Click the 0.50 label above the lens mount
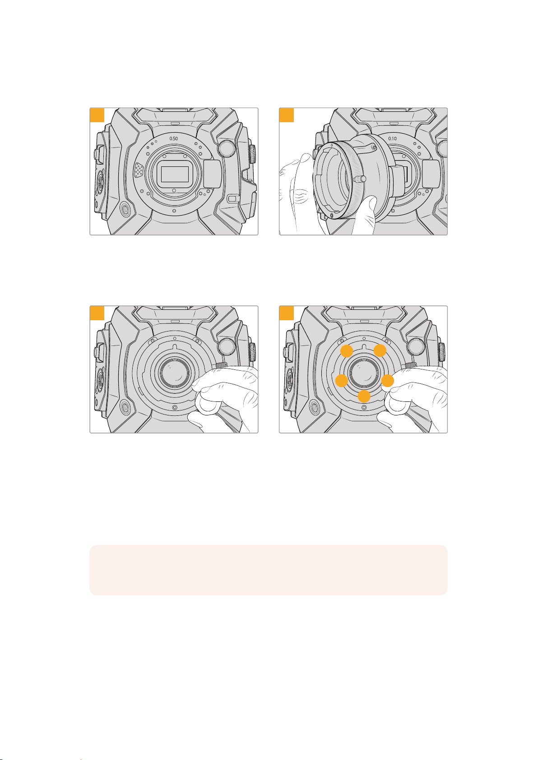click(x=173, y=138)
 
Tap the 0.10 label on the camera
click(x=392, y=138)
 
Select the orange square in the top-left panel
click(x=97, y=115)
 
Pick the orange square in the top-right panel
click(x=287, y=115)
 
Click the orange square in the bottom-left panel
click(x=97, y=313)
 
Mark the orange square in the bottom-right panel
click(x=287, y=313)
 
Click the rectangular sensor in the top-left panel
click(x=175, y=175)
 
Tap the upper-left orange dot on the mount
click(x=347, y=351)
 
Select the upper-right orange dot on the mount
click(x=380, y=350)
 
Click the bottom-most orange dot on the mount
click(x=364, y=396)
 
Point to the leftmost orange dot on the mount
click(x=342, y=381)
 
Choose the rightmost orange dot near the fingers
click(x=387, y=381)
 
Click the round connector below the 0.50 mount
click(x=125, y=210)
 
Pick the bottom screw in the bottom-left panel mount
click(x=175, y=407)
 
